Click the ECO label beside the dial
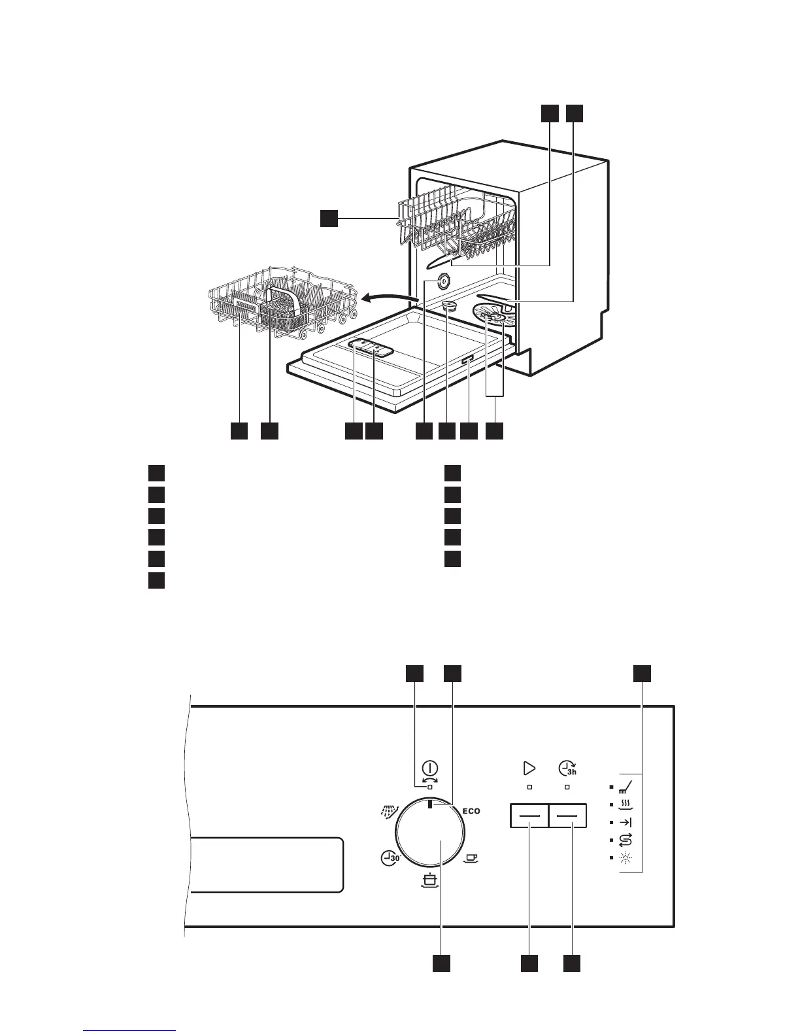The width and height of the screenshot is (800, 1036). coord(471,811)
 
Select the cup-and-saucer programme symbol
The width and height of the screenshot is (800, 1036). coord(471,857)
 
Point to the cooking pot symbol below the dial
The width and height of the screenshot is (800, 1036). coord(429,881)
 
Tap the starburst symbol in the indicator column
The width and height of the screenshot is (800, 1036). coord(625,857)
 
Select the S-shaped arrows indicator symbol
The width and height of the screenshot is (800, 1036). coord(625,839)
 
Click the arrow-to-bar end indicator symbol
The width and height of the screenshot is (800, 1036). coord(625,822)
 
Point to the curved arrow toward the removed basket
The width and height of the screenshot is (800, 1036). coord(390,298)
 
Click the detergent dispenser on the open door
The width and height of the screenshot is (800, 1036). coord(371,349)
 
